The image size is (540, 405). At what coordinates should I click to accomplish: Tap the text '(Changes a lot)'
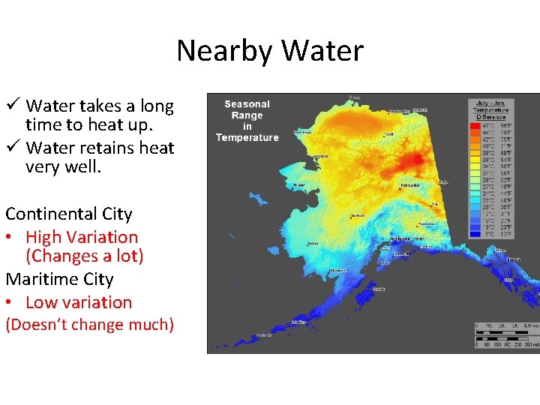pos(84,256)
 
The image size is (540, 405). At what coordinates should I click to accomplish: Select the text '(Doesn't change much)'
pos(89,325)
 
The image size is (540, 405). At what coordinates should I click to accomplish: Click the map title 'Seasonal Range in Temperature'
pos(247,120)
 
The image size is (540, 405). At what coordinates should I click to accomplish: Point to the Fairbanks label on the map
pos(410,184)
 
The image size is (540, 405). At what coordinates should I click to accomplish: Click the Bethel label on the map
pos(313,243)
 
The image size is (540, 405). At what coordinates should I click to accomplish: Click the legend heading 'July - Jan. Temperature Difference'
pos(490,109)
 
